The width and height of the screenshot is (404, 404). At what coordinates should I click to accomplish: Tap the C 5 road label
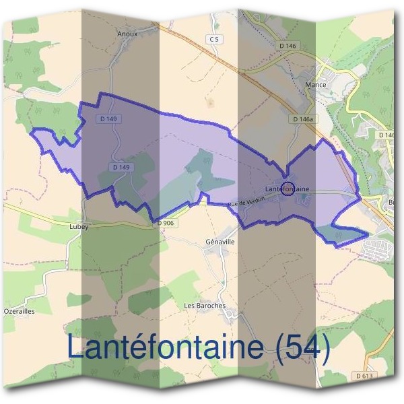(214, 40)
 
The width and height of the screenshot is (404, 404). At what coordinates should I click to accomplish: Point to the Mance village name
(315, 86)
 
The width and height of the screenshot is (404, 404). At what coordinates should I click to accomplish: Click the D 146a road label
(304, 119)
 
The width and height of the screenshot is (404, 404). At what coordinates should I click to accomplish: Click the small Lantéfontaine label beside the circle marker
(287, 190)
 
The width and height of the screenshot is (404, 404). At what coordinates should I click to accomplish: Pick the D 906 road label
(166, 223)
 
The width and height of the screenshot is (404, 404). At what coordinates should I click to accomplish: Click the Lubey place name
(79, 227)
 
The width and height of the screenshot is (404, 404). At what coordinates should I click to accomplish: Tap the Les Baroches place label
(205, 305)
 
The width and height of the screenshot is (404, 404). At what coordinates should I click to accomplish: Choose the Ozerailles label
(18, 312)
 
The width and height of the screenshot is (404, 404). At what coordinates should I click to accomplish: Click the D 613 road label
(365, 376)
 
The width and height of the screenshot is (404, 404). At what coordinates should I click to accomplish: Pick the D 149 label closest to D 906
(121, 166)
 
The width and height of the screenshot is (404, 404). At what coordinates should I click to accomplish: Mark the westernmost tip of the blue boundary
(32, 131)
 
